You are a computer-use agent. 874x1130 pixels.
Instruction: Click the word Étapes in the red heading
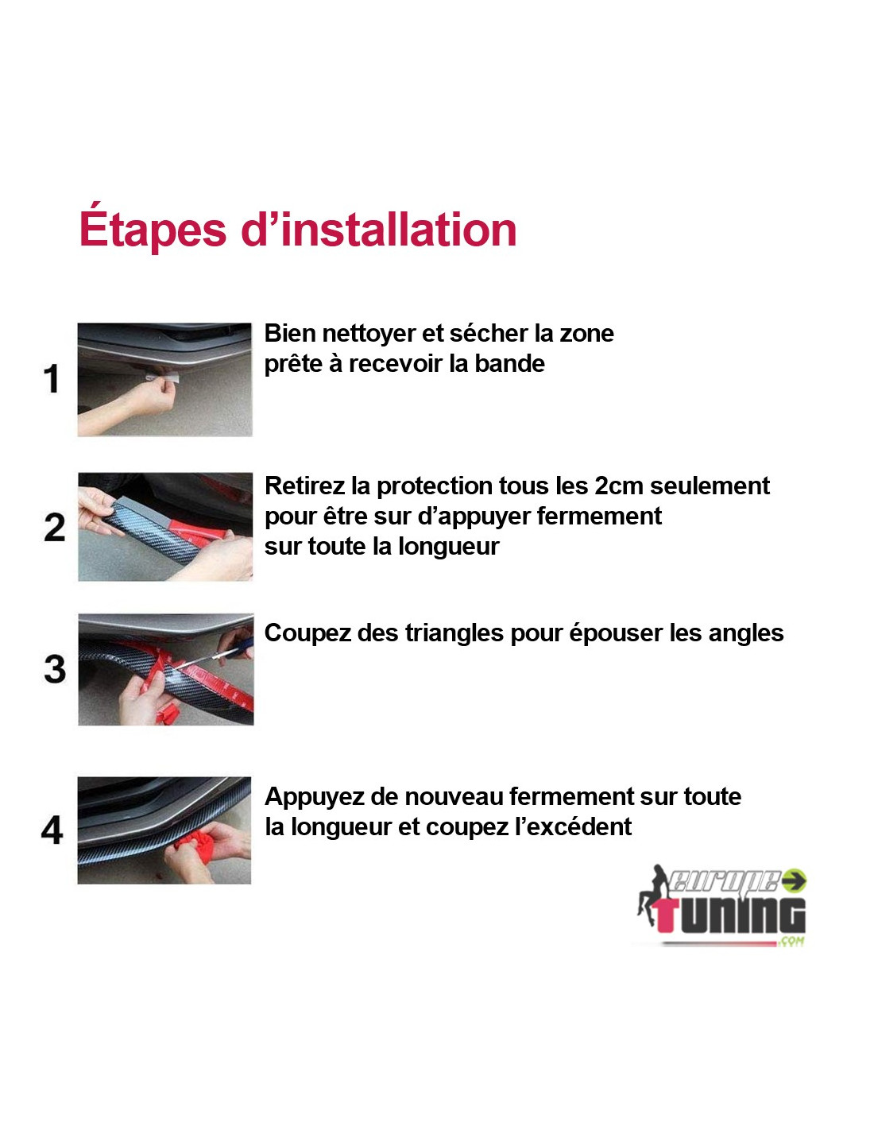tap(153, 228)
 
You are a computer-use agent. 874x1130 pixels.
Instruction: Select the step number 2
tap(54, 528)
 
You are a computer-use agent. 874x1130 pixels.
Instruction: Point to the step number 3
tap(55, 669)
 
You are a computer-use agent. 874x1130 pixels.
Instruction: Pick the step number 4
tap(52, 830)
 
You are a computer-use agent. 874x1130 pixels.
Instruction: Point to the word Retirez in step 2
tap(304, 486)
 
